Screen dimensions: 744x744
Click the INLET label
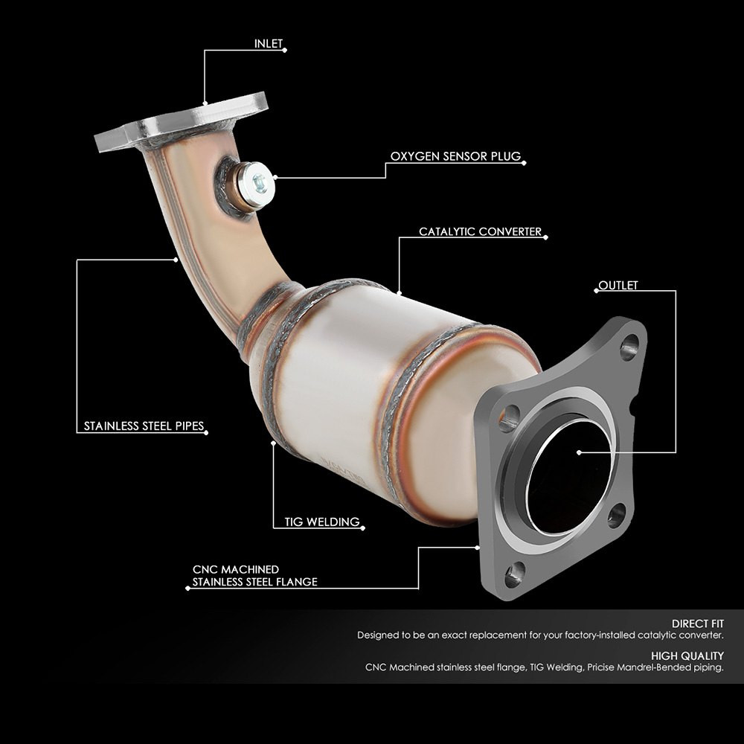tap(269, 44)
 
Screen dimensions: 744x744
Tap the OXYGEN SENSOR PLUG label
tap(455, 156)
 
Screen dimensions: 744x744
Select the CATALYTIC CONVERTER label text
tap(480, 231)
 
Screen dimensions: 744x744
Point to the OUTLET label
tap(618, 285)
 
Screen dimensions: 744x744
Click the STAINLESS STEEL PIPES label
tap(144, 426)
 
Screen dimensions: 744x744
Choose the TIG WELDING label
tap(322, 522)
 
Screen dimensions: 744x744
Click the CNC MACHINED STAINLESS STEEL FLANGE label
tap(254, 576)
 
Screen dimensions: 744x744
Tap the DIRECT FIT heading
tap(698, 623)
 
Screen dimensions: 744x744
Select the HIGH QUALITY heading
tap(687, 655)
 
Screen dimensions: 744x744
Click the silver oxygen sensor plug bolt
tap(255, 183)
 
